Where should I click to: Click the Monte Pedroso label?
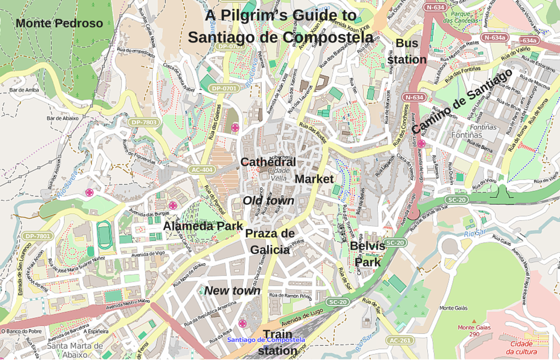click(x=59, y=23)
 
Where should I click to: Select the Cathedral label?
click(x=268, y=162)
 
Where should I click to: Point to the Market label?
click(x=314, y=179)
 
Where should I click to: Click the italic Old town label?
click(x=268, y=201)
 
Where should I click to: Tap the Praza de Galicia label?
click(x=270, y=241)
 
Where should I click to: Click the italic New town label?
click(x=232, y=291)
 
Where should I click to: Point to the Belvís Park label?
click(x=368, y=254)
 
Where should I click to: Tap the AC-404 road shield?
click(x=202, y=170)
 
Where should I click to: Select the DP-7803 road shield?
click(x=143, y=122)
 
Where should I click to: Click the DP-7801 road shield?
click(x=38, y=236)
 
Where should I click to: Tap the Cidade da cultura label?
click(x=522, y=348)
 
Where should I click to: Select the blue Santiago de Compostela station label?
click(x=266, y=340)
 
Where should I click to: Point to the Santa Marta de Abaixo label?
click(x=75, y=350)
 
